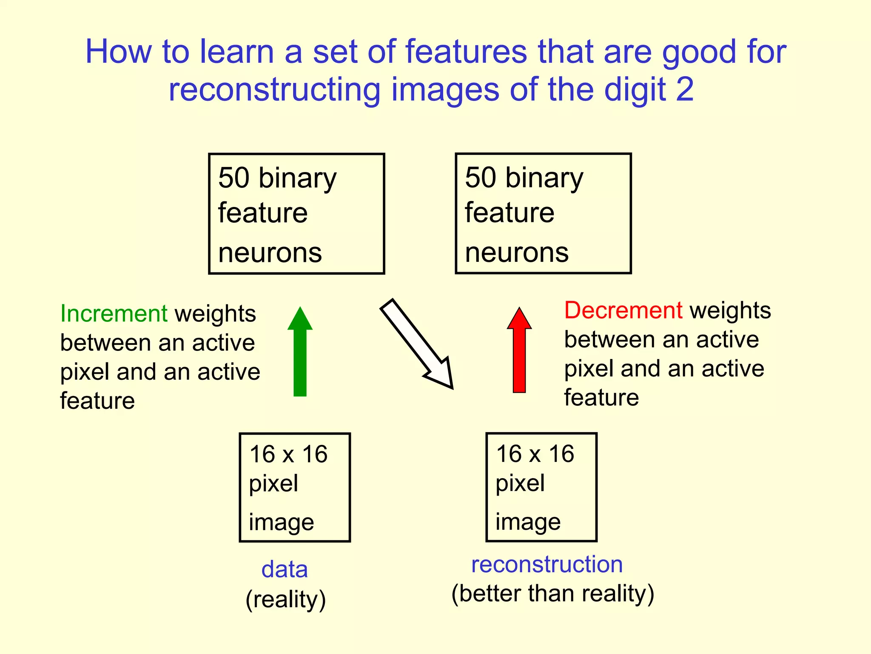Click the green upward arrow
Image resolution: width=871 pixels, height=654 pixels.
[x=300, y=353]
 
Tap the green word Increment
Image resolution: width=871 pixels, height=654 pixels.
[x=114, y=313]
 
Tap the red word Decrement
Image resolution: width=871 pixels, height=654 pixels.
[x=623, y=310]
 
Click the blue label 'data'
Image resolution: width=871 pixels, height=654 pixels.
[x=285, y=569]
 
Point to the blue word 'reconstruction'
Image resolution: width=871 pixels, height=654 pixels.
[x=547, y=564]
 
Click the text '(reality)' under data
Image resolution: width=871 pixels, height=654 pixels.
[x=286, y=599]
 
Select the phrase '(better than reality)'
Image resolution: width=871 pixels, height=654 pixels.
[x=552, y=594]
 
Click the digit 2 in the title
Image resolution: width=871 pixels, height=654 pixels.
[x=685, y=89]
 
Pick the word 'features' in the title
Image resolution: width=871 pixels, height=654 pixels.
[x=466, y=52]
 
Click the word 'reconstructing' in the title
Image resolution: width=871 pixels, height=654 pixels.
[x=274, y=90]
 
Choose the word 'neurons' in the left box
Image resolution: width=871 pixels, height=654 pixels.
[x=270, y=252]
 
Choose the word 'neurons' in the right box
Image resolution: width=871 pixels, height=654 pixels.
[x=517, y=252]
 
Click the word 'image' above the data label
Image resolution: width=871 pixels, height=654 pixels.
[x=281, y=522]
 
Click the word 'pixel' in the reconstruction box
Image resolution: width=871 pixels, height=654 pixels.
[x=520, y=483]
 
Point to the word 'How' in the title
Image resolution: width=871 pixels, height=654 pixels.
[x=118, y=52]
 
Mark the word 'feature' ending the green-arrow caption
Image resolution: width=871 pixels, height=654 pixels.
[x=97, y=401]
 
